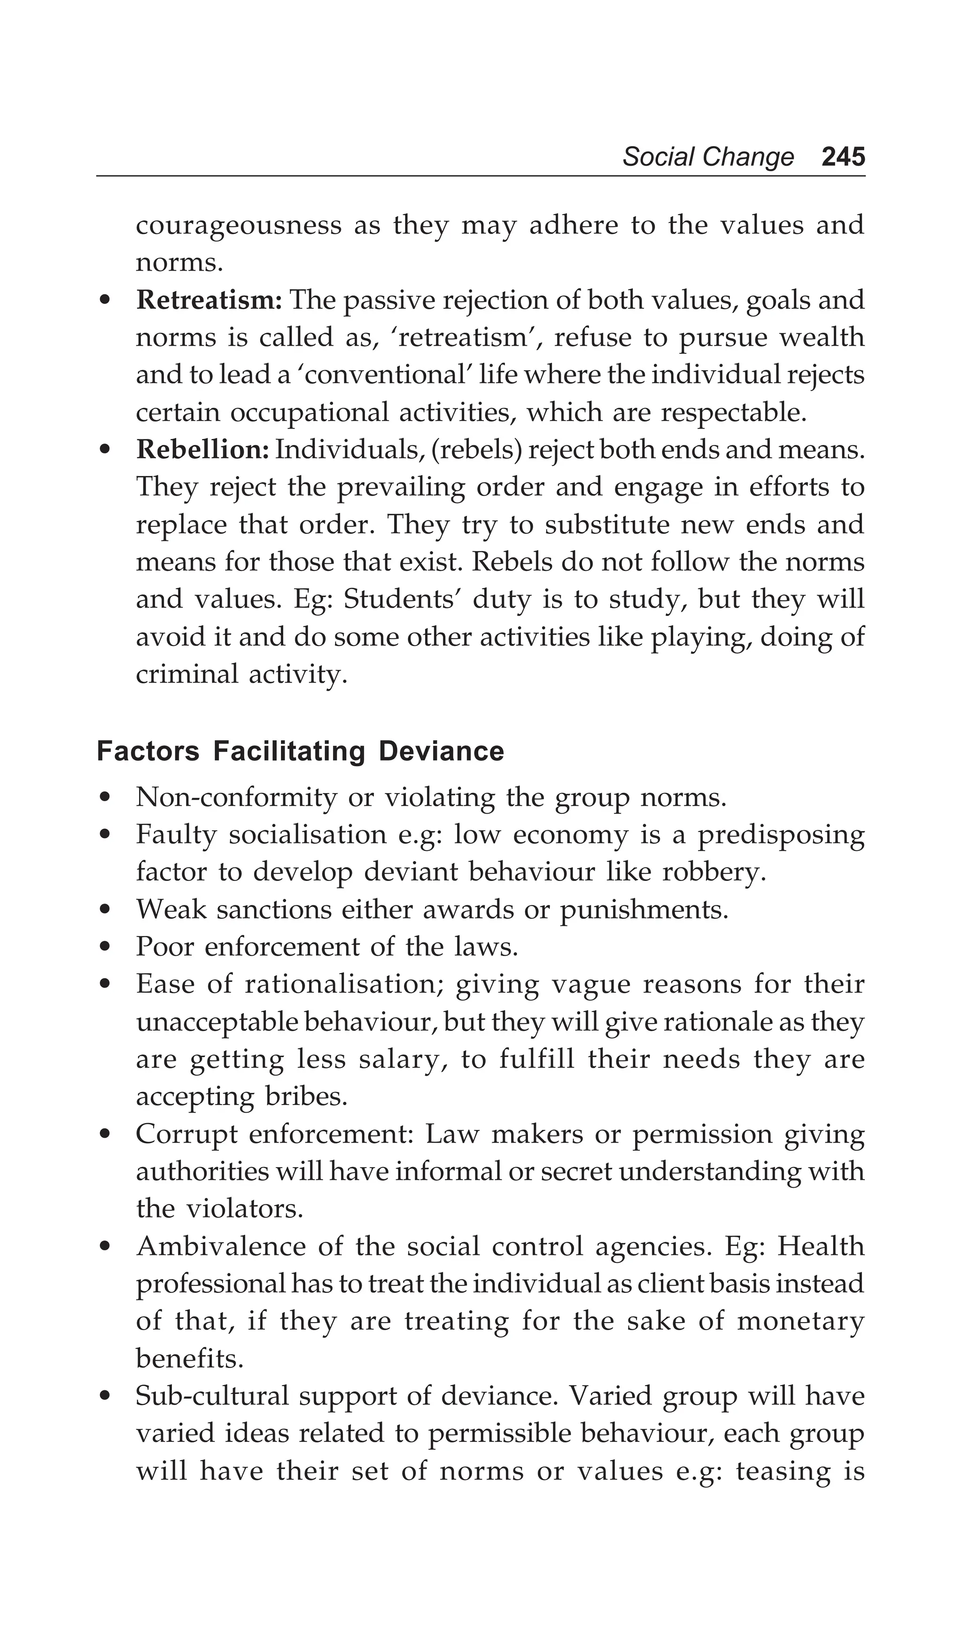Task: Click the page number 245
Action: [x=843, y=157]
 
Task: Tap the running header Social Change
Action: [x=707, y=157]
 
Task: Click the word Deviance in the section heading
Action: [x=442, y=751]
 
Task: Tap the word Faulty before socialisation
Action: [x=175, y=835]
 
